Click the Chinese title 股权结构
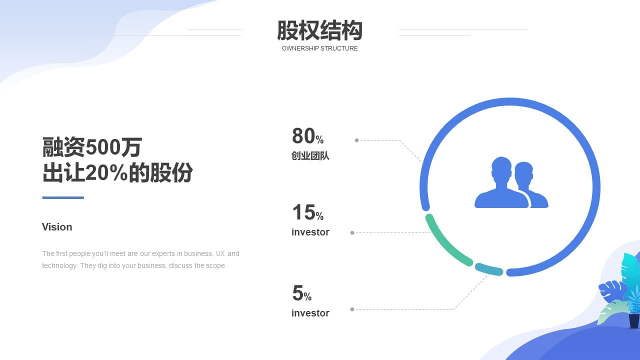(319, 30)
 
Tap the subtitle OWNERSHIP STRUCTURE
(319, 48)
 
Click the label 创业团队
(310, 155)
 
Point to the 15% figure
(307, 212)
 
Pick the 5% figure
(301, 293)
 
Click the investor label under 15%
(310, 232)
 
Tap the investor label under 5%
(310, 313)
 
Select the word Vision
(57, 227)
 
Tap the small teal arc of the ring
(489, 269)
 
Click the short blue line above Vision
(63, 197)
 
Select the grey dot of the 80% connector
(356, 140)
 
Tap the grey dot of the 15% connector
(352, 233)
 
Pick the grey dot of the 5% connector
(352, 309)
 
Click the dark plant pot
(634, 321)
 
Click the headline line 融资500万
(92, 147)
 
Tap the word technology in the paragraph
(59, 265)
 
